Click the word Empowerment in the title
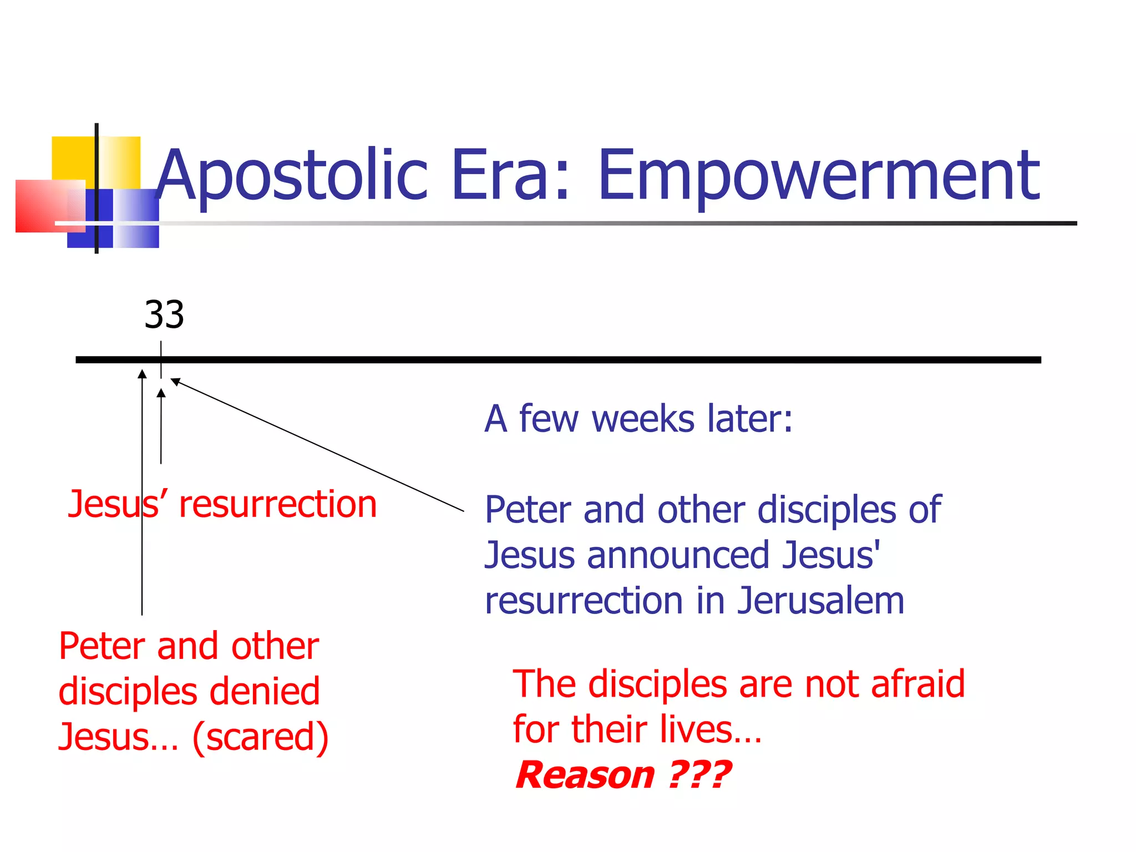[x=819, y=176]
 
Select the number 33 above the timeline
[x=164, y=315]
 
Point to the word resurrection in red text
[x=278, y=505]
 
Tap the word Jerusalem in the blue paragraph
[x=820, y=601]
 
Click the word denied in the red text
[x=265, y=692]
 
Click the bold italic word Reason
[x=585, y=775]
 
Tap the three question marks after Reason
[x=700, y=775]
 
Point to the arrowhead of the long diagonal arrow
[x=175, y=382]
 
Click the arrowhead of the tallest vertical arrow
[x=143, y=374]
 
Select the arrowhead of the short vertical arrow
[x=161, y=393]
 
